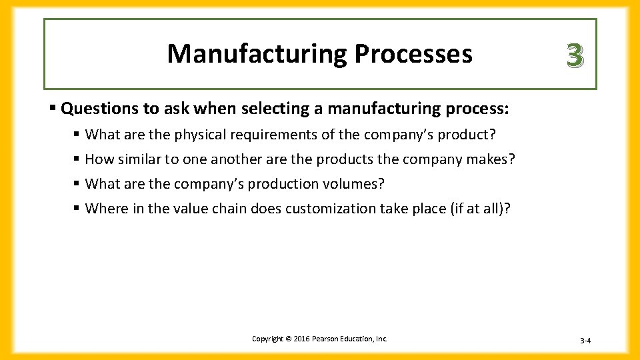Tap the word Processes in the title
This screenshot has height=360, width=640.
tap(413, 54)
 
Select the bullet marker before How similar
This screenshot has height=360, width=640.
tap(77, 159)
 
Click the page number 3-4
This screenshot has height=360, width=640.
tap(585, 341)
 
